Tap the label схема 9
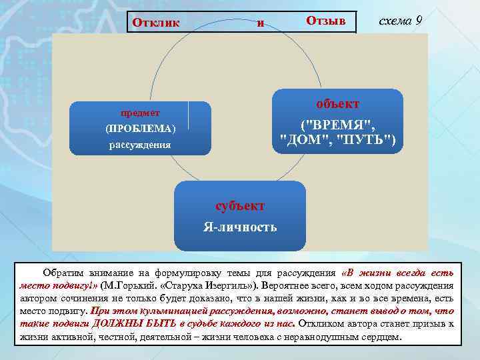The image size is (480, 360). (399, 20)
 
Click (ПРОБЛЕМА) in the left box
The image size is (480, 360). (140, 128)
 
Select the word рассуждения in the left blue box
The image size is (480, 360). (140, 144)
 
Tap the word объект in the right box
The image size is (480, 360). (337, 104)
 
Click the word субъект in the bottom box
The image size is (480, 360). (240, 205)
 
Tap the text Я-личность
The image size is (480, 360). (240, 227)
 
